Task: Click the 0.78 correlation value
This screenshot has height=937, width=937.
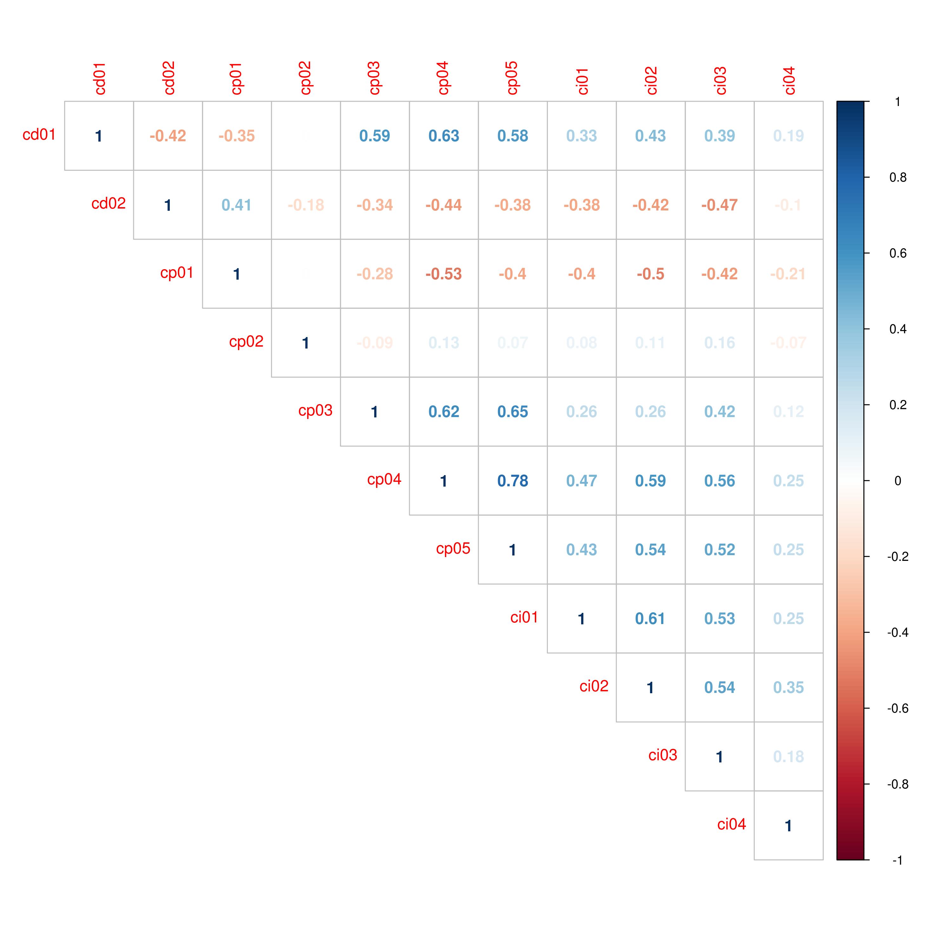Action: [513, 481]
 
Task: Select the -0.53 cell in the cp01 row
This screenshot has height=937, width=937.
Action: [444, 274]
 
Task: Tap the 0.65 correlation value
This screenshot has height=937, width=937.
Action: [513, 412]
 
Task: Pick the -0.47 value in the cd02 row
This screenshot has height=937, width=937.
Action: [719, 205]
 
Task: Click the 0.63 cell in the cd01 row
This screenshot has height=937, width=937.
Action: [444, 136]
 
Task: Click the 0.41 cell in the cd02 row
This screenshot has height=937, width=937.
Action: [237, 205]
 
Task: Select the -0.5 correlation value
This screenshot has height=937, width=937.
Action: [650, 274]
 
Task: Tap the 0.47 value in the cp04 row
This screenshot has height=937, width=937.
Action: [581, 481]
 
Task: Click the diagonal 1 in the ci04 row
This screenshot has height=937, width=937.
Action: [788, 826]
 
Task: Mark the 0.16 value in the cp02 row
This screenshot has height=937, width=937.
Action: [719, 343]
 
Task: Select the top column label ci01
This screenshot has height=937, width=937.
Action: [582, 81]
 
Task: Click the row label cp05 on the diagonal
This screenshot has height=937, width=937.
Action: [453, 548]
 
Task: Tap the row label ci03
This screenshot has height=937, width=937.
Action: [662, 755]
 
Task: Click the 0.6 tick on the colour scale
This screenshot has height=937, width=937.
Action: [897, 254]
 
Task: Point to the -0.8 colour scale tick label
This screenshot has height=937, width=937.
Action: [897, 784]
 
